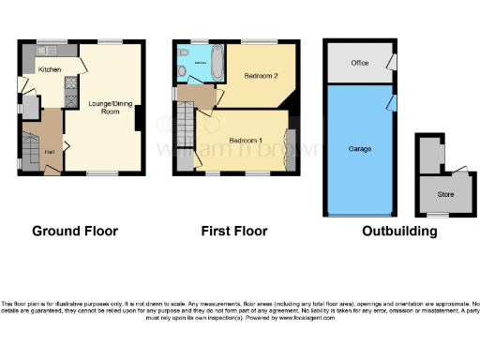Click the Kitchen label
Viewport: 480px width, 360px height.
coord(50,69)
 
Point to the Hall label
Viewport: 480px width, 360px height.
coord(49,152)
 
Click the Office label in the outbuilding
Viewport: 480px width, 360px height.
coord(357,64)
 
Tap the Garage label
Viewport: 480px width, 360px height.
coord(357,149)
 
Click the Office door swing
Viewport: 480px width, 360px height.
coord(390,64)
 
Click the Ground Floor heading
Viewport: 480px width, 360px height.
coord(75,231)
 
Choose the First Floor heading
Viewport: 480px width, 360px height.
coord(234,231)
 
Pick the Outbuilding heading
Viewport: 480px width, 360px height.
coord(398,231)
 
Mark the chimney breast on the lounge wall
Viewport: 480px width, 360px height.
coord(139,119)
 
